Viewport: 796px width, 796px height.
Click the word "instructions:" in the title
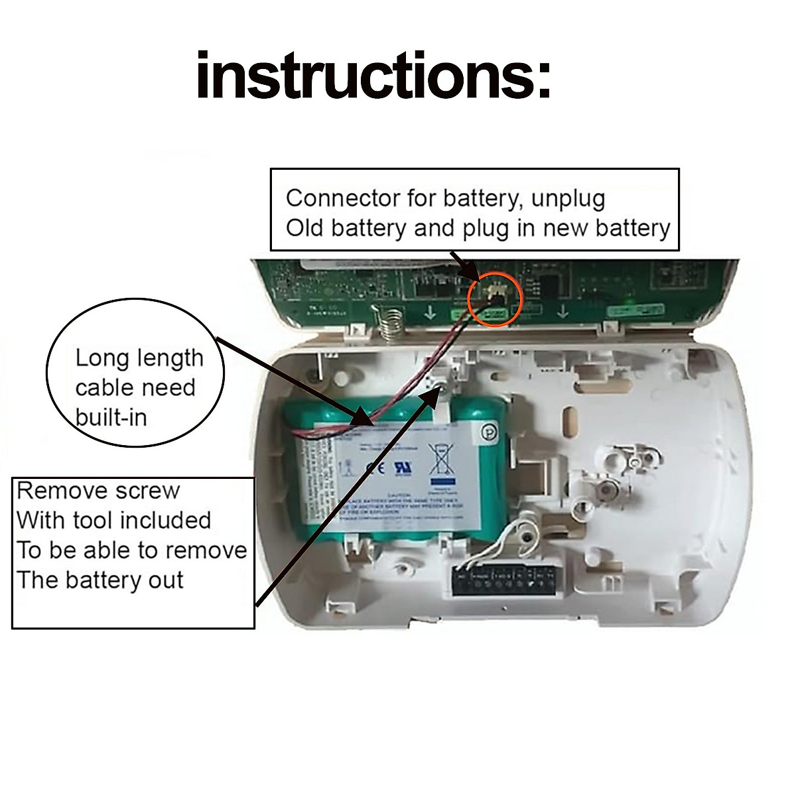373,77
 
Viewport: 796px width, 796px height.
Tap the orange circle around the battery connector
496,298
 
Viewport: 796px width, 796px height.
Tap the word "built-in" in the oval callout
111,417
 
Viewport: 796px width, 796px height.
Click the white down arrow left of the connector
430,312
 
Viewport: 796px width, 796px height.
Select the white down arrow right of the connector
563,311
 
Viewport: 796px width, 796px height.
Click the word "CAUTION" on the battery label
399,495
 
